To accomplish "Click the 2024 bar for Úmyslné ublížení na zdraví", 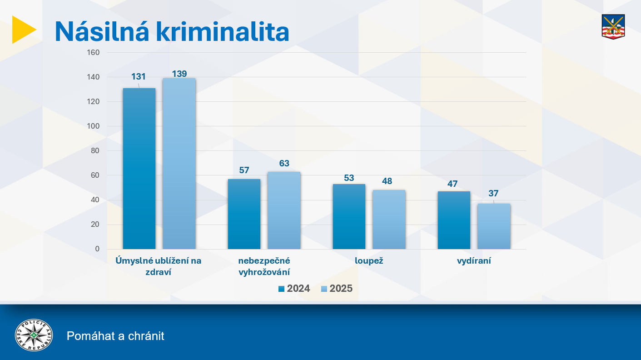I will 139,168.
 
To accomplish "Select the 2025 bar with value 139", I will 179,164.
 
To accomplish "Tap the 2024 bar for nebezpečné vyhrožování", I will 244,214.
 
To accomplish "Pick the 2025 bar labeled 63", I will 284,210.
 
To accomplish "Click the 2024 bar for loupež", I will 349,216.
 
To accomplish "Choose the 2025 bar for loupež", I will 389,219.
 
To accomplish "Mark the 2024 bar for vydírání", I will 454,220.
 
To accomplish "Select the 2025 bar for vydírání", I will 494,226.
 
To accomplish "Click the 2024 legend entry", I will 294,289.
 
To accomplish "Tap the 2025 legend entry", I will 337,289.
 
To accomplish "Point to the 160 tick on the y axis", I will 93,52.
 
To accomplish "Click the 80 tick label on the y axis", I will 95,150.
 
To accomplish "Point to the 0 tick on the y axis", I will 97,249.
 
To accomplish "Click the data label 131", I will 139,77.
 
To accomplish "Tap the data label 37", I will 494,194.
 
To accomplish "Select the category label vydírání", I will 474,261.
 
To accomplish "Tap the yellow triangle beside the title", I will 23,30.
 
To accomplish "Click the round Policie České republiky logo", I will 34,335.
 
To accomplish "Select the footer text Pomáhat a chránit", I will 115,336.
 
